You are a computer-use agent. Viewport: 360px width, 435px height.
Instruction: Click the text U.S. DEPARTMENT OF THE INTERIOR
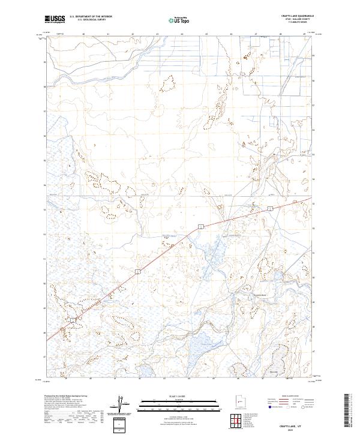tap(91, 17)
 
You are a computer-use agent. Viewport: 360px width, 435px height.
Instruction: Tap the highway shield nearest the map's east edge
tap(271, 208)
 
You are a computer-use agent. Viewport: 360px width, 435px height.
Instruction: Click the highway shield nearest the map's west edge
tap(72, 321)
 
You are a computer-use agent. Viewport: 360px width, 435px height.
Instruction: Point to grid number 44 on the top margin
tap(182, 34)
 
